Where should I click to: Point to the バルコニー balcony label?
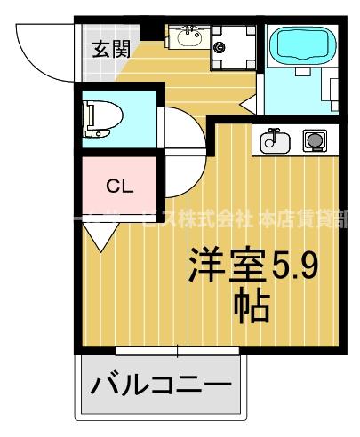tap(162, 388)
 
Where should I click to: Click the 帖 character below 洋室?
tap(252, 307)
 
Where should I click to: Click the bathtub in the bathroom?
tap(301, 48)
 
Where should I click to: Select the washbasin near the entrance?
tap(188, 37)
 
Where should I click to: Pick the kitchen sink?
tap(272, 140)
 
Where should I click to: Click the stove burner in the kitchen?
tap(313, 140)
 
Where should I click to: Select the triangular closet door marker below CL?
tap(99, 235)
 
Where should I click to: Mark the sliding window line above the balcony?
tap(177, 349)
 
